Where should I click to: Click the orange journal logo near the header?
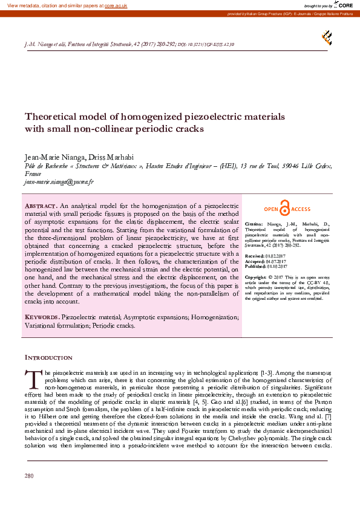(327, 37)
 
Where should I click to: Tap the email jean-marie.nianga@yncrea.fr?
(54, 181)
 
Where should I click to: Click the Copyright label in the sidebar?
(257, 277)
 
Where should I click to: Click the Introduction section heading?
(48, 358)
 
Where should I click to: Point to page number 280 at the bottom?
(28, 493)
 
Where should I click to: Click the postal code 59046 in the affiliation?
(290, 166)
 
